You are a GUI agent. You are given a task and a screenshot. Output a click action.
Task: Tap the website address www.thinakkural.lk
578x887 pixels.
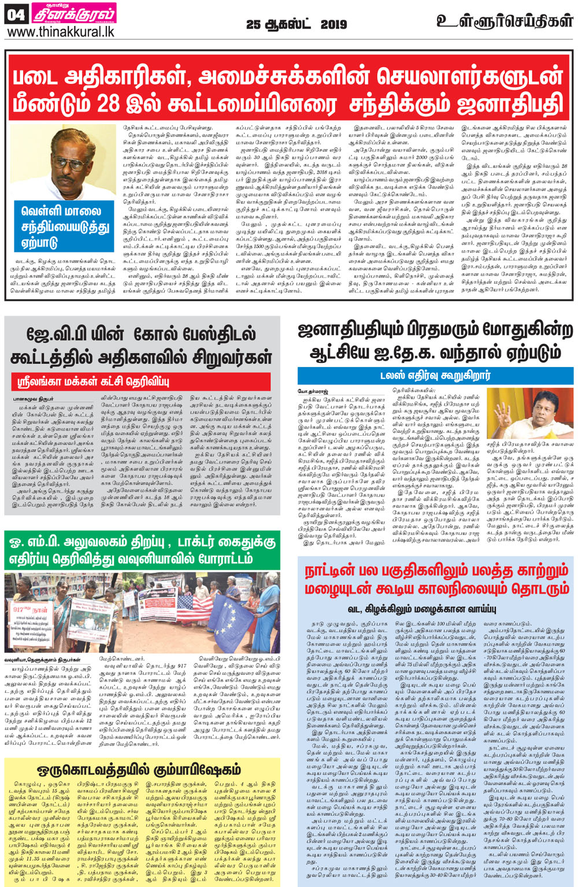click(61, 32)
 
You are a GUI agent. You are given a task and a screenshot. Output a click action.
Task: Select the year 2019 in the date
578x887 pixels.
click(334, 24)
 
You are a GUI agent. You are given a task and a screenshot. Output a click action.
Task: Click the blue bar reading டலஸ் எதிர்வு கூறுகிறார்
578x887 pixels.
click(435, 375)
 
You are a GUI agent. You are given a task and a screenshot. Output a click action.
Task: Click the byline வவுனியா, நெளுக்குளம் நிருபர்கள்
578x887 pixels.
click(43, 659)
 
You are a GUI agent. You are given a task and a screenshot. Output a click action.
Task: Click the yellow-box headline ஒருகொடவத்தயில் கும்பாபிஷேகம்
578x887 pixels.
click(139, 770)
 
